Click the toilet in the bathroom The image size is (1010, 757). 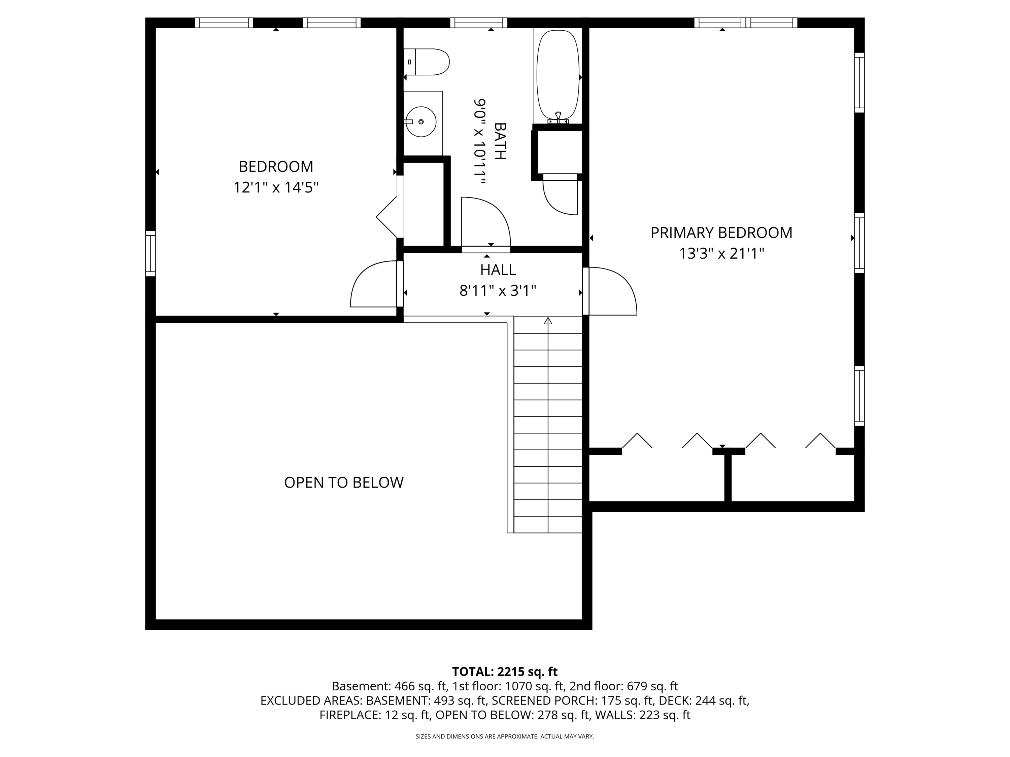427,62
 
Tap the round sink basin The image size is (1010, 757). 421,122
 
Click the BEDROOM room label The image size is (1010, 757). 276,167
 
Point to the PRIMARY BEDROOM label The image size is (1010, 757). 721,233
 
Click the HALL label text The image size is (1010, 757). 498,270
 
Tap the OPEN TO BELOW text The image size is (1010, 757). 344,482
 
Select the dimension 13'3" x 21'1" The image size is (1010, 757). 721,253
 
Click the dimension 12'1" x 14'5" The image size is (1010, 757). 276,187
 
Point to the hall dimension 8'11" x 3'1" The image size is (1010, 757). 498,291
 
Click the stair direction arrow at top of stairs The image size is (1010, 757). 548,320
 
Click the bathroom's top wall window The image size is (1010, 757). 478,23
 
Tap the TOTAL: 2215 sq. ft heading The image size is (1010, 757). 505,672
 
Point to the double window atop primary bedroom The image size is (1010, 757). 746,23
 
